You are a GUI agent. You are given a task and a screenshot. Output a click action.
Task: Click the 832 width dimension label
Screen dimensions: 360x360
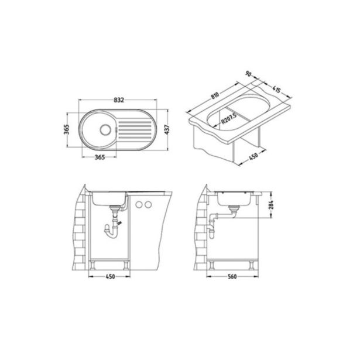(x=119, y=100)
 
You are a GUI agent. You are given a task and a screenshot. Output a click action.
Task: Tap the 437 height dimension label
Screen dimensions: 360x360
(x=167, y=129)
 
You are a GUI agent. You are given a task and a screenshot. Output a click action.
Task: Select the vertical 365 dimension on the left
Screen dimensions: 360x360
(x=66, y=130)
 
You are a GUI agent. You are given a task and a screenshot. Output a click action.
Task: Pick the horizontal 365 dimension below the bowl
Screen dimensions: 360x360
(x=100, y=157)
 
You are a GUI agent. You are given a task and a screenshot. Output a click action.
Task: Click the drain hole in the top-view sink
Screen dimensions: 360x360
(x=105, y=129)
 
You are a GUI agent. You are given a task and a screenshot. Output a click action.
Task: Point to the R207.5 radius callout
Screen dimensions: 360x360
(x=229, y=118)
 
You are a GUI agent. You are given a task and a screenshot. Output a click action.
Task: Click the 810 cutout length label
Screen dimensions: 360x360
(x=215, y=95)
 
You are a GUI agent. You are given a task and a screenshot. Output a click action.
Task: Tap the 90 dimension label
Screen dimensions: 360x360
(x=248, y=74)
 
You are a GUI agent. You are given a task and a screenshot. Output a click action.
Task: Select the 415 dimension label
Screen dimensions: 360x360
(x=276, y=89)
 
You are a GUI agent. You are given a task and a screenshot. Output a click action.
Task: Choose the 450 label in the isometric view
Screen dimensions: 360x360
(x=253, y=156)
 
